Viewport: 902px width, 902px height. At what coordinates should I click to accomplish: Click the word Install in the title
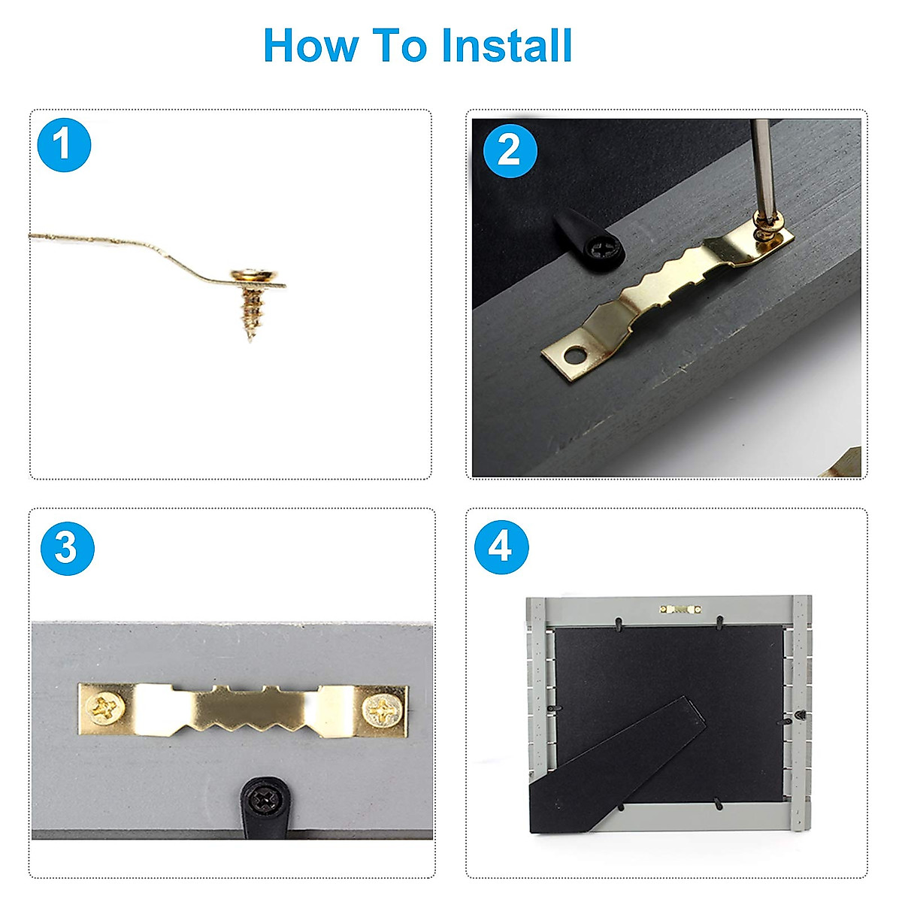[x=507, y=45]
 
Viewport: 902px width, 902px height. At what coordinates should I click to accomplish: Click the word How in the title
[x=311, y=45]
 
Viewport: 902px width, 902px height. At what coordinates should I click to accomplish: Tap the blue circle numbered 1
[x=64, y=145]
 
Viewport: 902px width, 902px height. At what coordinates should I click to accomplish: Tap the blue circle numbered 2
[x=510, y=151]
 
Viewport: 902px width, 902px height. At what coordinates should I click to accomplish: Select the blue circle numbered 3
[x=68, y=548]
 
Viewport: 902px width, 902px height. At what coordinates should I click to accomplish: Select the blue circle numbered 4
[x=501, y=547]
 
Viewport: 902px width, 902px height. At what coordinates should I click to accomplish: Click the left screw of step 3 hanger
[x=105, y=709]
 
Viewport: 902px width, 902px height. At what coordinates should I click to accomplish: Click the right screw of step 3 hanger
[x=383, y=711]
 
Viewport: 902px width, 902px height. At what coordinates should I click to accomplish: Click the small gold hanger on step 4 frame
[x=680, y=609]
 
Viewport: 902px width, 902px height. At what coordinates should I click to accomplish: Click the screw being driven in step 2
[x=767, y=229]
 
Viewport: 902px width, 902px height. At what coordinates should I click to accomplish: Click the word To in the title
[x=400, y=45]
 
